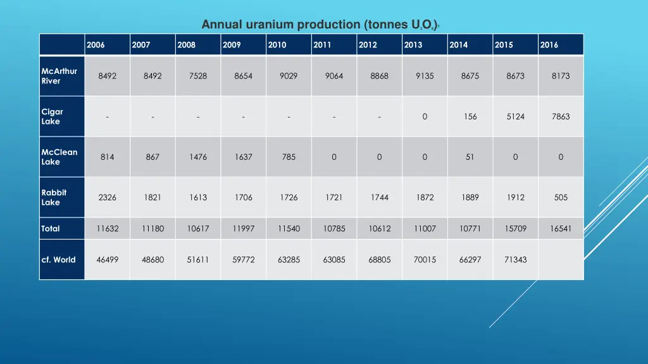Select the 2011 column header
[x=322, y=45]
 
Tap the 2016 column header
[x=549, y=45]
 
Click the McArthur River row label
[x=59, y=76]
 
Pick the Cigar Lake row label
[x=53, y=116]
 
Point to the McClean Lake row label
[x=59, y=157]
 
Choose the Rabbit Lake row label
[x=54, y=197]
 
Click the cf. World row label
[x=58, y=260]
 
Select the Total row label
[x=51, y=229]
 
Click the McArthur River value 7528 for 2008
[x=198, y=76]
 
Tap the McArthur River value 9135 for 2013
[x=425, y=76]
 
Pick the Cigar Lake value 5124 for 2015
[x=515, y=116]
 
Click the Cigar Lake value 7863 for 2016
[x=561, y=116]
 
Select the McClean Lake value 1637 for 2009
[x=243, y=157]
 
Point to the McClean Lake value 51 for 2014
[x=470, y=157]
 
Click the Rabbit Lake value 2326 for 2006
[x=107, y=197]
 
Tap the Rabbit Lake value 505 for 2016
[x=561, y=197]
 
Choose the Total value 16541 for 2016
[x=561, y=229]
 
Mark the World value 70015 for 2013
[x=425, y=260]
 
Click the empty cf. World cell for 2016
[x=561, y=260]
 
